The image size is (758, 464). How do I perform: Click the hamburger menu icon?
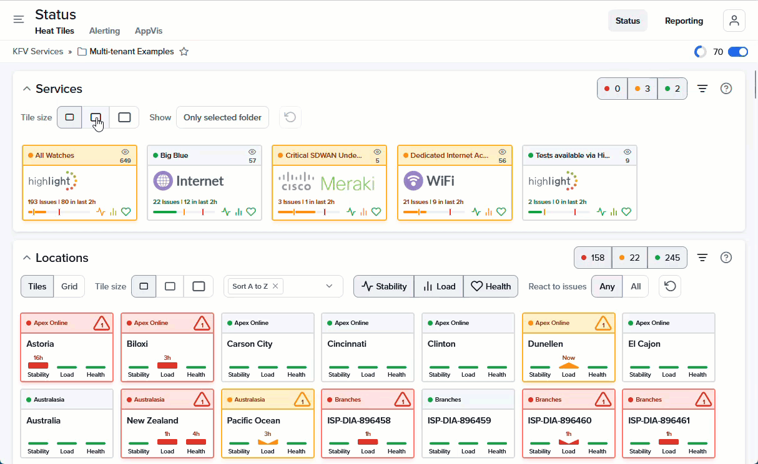pyautogui.click(x=19, y=19)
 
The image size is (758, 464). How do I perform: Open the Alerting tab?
pyautogui.click(x=104, y=31)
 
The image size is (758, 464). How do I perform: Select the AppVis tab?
pyautogui.click(x=149, y=31)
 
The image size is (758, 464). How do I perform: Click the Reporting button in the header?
pyautogui.click(x=684, y=21)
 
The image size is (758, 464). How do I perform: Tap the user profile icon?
pyautogui.click(x=734, y=21)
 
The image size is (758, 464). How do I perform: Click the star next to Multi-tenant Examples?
pyautogui.click(x=184, y=52)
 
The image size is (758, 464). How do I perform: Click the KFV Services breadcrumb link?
pyautogui.click(x=38, y=52)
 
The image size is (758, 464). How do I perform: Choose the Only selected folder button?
pyautogui.click(x=222, y=117)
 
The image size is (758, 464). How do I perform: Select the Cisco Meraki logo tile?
pyautogui.click(x=329, y=182)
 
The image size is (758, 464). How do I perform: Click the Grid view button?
pyautogui.click(x=69, y=286)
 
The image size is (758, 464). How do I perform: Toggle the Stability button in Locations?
pyautogui.click(x=384, y=286)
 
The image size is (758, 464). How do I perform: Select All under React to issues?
pyautogui.click(x=636, y=286)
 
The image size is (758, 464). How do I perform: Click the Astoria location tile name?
pyautogui.click(x=40, y=344)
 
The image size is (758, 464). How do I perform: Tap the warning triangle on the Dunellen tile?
pyautogui.click(x=602, y=323)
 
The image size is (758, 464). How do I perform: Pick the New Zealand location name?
pyautogui.click(x=152, y=420)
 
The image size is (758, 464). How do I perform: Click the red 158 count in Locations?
pyautogui.click(x=593, y=258)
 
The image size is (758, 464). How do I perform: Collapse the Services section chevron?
pyautogui.click(x=27, y=89)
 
